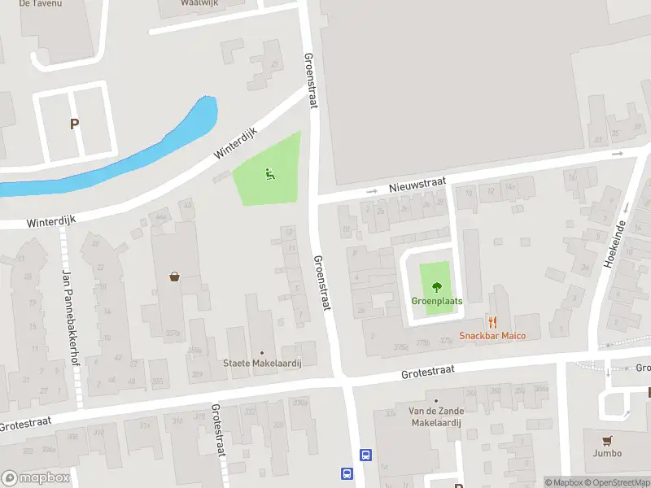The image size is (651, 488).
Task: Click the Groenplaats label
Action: (x=436, y=301)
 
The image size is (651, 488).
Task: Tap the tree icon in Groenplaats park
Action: (x=437, y=286)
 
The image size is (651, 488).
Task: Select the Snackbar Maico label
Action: (x=492, y=336)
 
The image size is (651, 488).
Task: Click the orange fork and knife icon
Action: (x=492, y=321)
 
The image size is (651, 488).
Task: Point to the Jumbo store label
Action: (x=606, y=453)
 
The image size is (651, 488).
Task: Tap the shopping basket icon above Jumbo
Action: (x=606, y=439)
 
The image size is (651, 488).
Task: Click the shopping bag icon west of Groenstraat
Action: (x=175, y=277)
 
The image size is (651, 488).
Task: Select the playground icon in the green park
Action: (x=269, y=172)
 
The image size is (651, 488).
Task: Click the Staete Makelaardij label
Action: (x=262, y=364)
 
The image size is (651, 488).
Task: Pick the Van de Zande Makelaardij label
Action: (x=435, y=417)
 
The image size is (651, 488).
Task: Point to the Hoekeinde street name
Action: (x=615, y=243)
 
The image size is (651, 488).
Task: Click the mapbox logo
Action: (x=36, y=478)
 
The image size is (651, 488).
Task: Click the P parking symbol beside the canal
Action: (x=74, y=124)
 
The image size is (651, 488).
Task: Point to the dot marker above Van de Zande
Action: (x=435, y=401)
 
